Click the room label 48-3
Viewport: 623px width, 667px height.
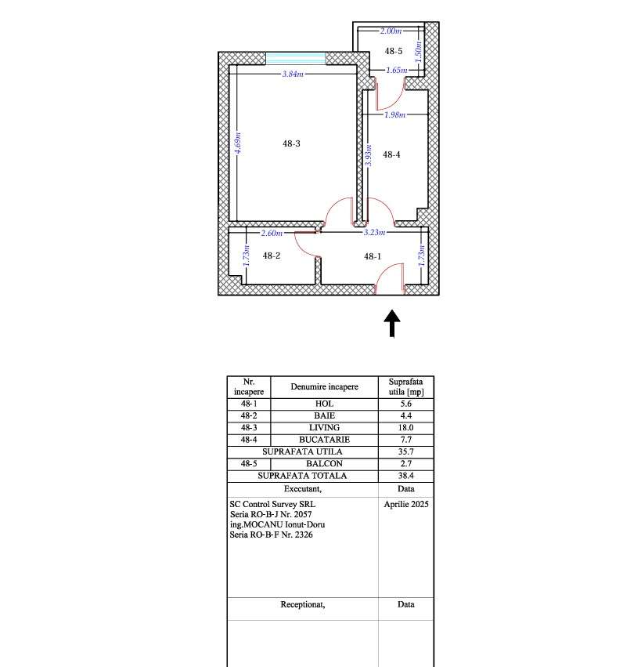tap(290, 143)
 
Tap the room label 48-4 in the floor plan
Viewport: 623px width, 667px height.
tap(391, 155)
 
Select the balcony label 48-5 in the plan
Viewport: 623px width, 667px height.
tap(393, 51)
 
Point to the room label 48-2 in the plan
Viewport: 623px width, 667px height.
tap(271, 256)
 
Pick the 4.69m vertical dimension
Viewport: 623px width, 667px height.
tap(238, 143)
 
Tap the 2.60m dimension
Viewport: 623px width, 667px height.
tap(271, 233)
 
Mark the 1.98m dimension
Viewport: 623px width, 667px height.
tap(394, 114)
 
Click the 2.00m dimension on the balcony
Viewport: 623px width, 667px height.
tap(390, 31)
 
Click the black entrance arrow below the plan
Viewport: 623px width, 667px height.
tap(391, 323)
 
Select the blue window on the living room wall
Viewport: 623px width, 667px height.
tap(295, 58)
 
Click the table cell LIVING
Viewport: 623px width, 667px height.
tap(324, 428)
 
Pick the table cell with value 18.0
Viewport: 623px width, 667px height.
tap(405, 428)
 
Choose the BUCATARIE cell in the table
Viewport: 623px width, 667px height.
tap(324, 440)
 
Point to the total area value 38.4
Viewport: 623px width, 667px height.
tap(405, 476)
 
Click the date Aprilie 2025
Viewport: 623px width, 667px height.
tap(406, 504)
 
